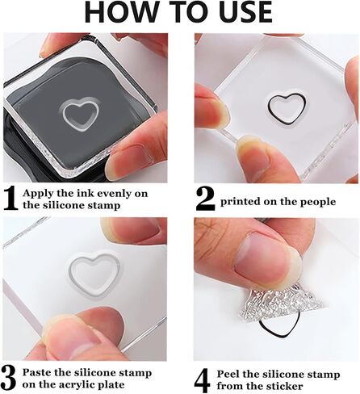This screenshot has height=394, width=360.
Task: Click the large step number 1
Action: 11,199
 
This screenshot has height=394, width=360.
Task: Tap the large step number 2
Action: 206,199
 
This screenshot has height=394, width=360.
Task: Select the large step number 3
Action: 8,378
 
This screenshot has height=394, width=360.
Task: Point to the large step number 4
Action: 202,380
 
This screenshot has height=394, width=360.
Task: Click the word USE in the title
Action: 246,12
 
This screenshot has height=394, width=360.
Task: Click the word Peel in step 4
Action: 228,374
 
